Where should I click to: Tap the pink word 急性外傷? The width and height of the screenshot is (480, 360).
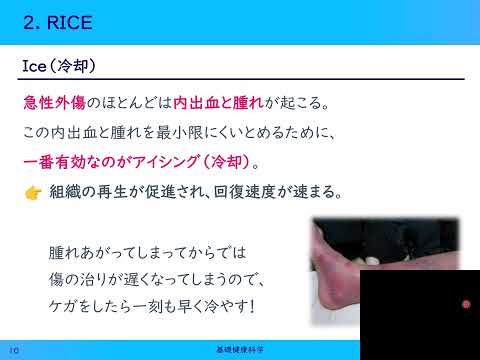tap(54, 103)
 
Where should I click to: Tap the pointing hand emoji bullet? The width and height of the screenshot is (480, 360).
tap(33, 190)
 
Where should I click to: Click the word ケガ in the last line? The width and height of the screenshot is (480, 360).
tap(64, 305)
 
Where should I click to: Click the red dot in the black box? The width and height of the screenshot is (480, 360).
tap(466, 305)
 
